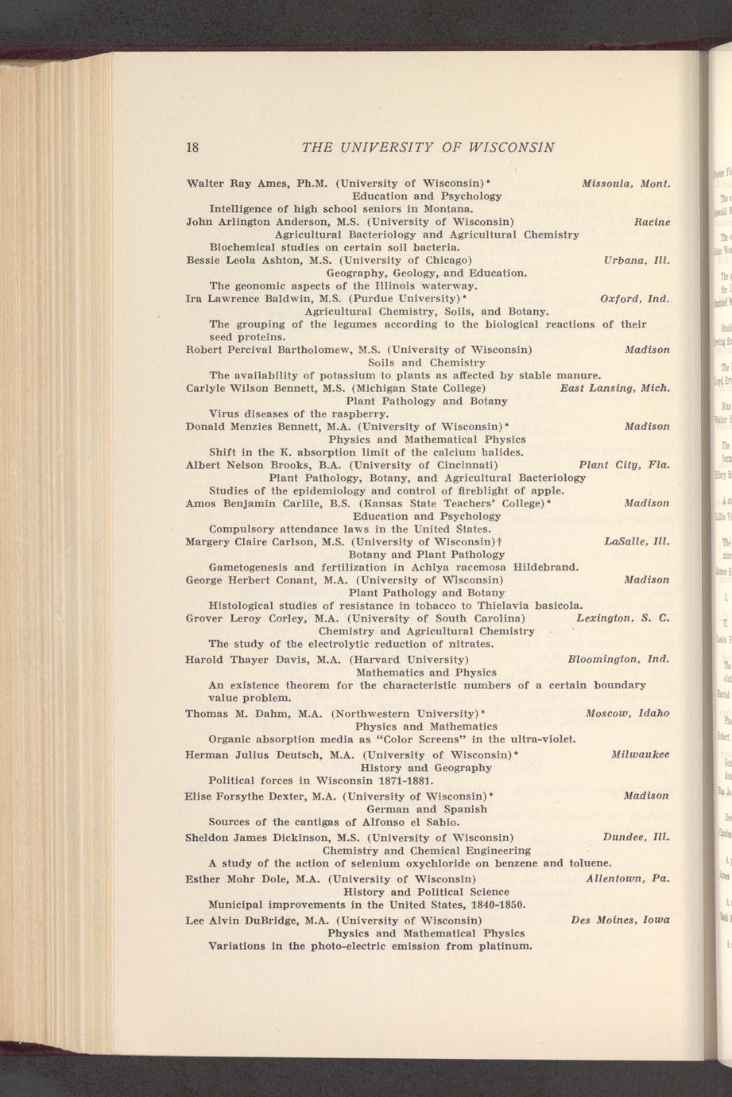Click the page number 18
pos(192,147)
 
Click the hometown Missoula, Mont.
pos(626,183)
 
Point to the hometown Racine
pos(652,222)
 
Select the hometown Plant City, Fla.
pos(624,465)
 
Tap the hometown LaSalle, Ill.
pos(637,542)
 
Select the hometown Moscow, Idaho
pos(627,713)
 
